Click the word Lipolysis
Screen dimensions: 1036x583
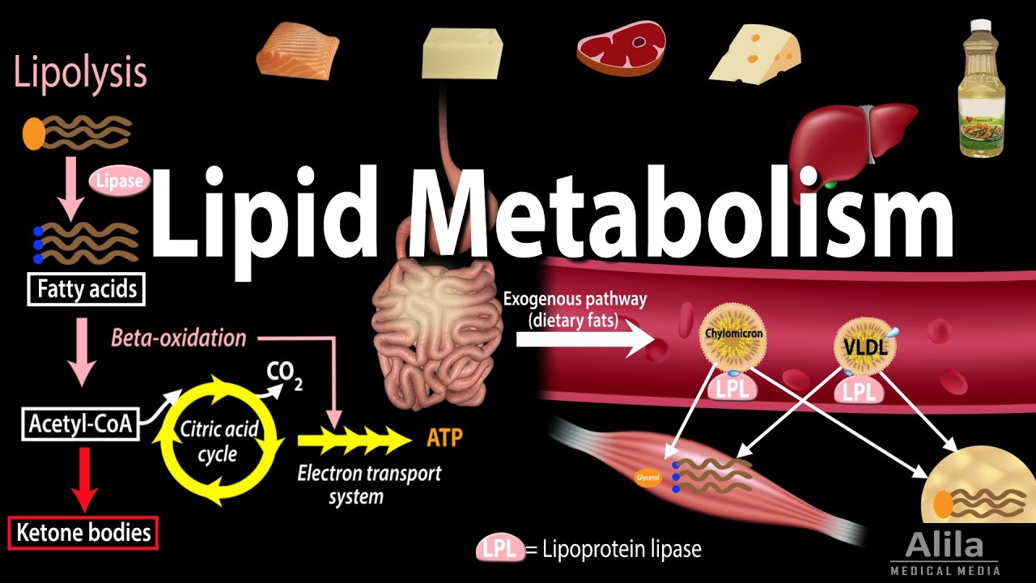coord(79,73)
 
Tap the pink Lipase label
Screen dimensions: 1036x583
coord(118,182)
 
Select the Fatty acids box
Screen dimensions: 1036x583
coord(86,289)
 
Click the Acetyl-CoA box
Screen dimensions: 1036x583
coord(80,423)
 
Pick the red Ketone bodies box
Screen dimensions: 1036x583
coord(83,533)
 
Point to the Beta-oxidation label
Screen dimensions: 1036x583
coord(178,338)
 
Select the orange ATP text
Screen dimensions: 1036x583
coord(444,438)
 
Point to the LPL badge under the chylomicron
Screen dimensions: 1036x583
coord(732,388)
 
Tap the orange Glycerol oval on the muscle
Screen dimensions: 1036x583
coord(648,478)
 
